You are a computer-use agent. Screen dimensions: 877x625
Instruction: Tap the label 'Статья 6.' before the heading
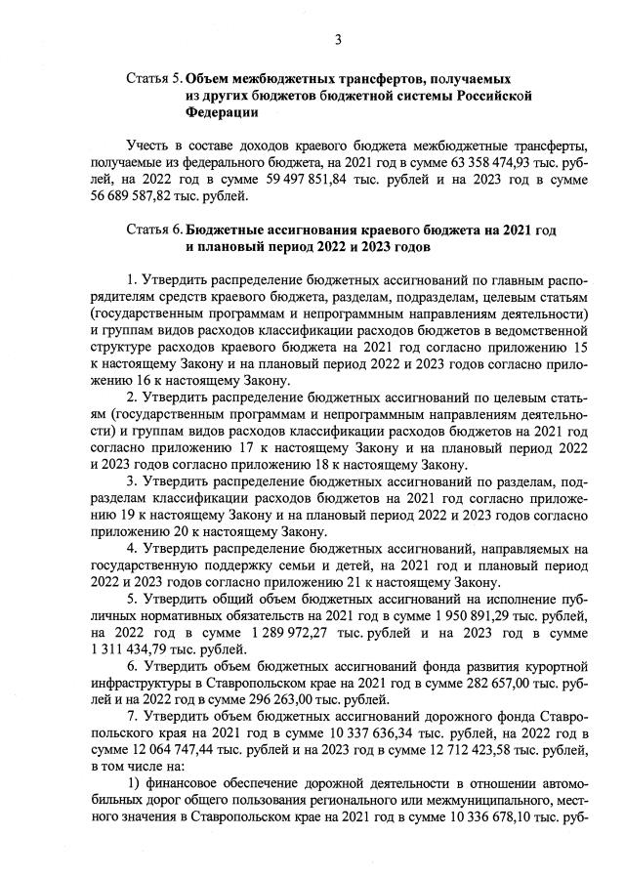(153, 230)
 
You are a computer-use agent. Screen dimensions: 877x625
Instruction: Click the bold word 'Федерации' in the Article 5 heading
(222, 112)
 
